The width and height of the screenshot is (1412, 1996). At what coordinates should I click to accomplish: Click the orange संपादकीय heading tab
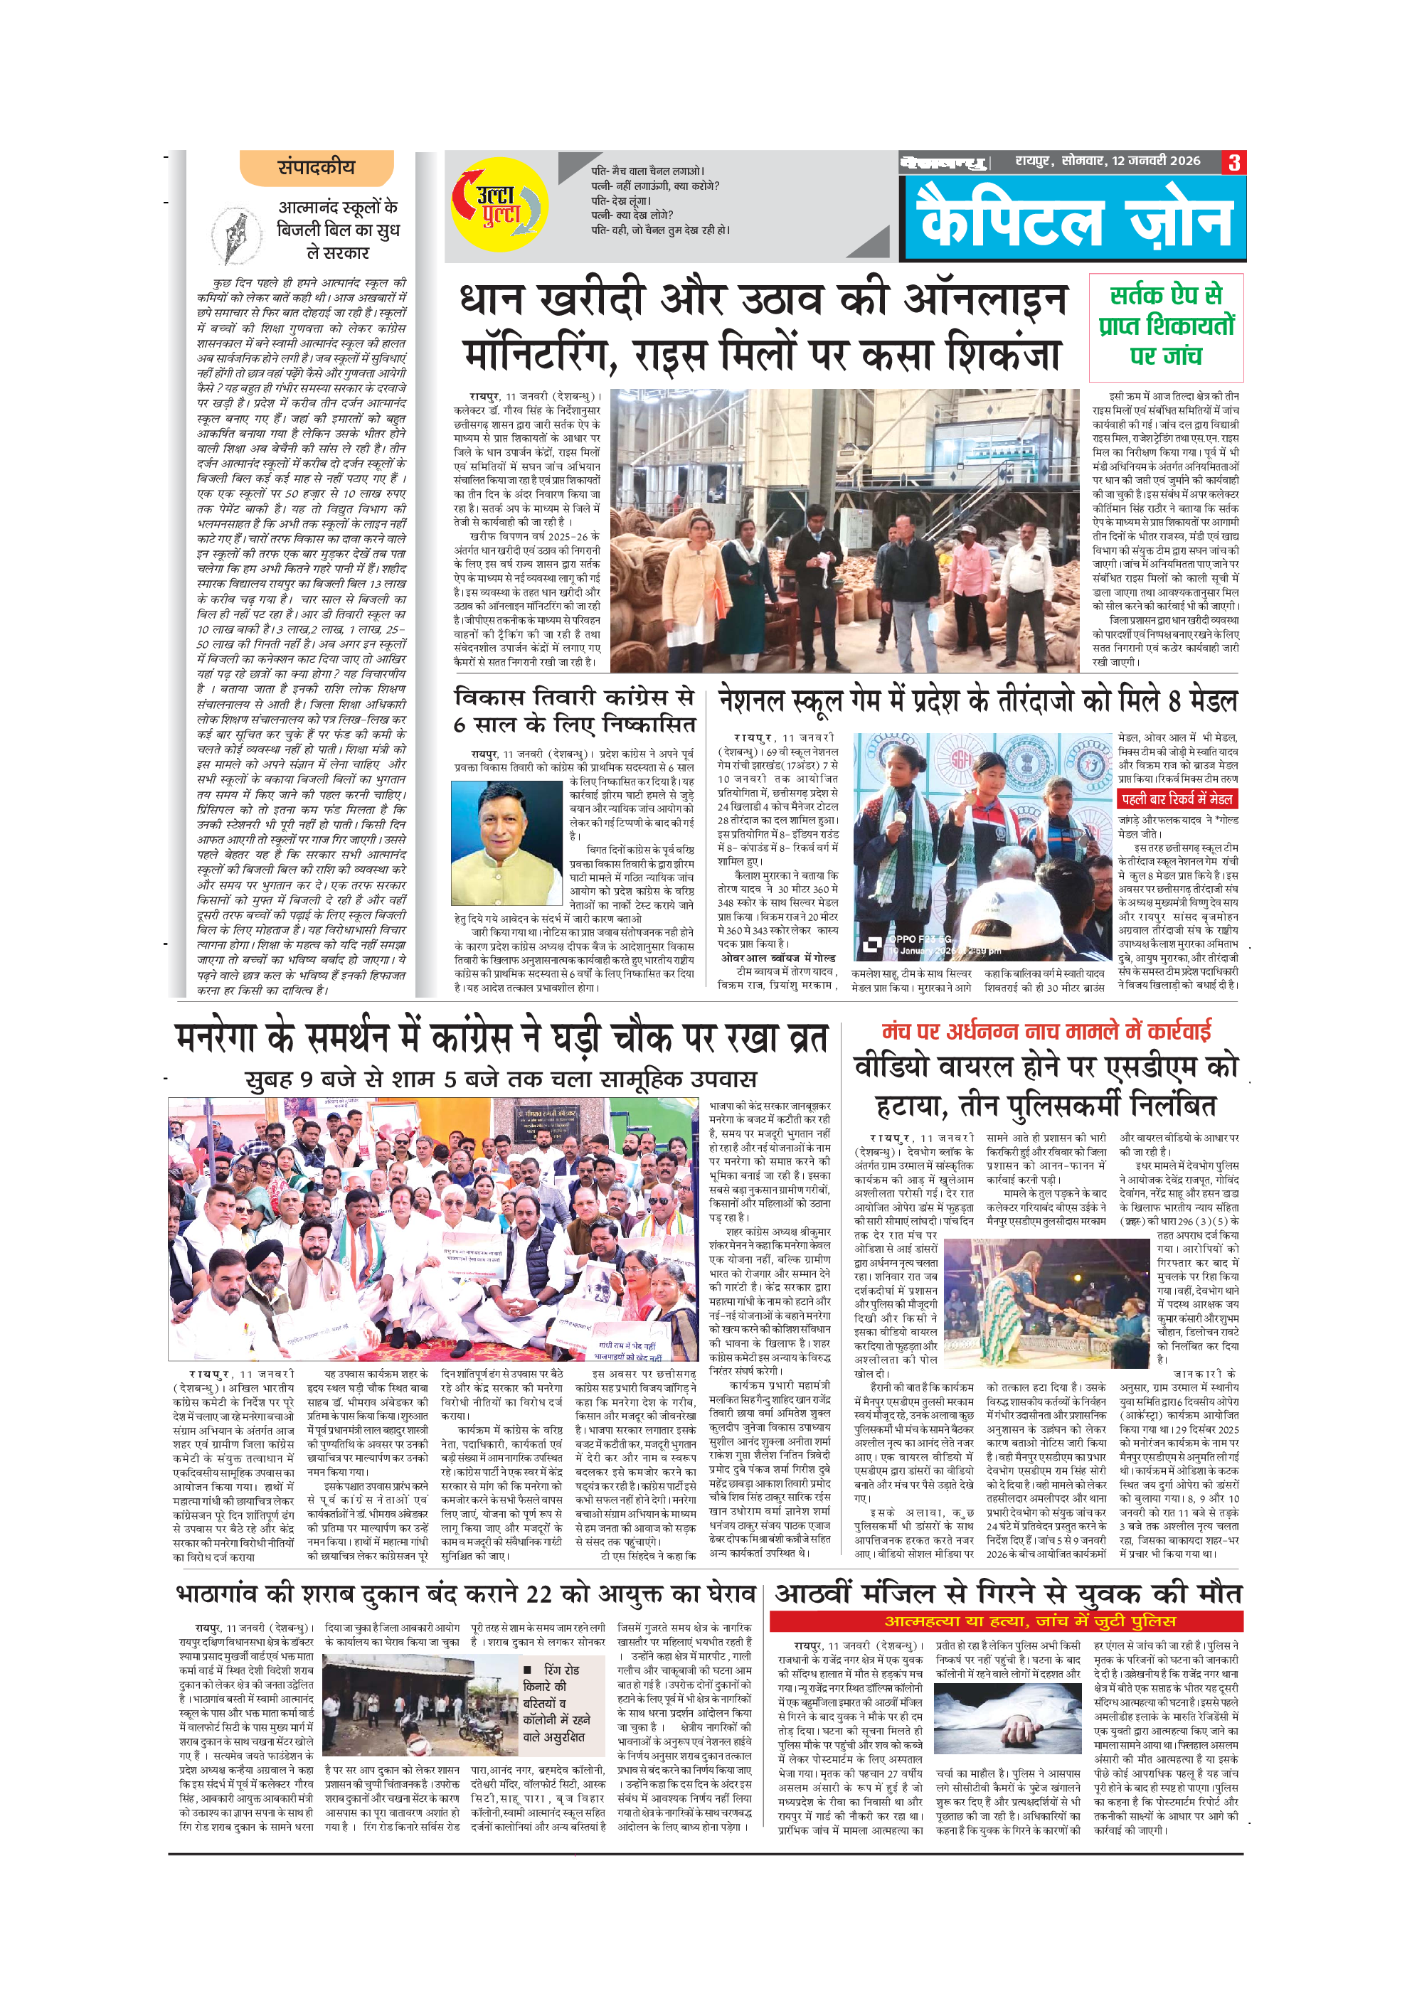[317, 168]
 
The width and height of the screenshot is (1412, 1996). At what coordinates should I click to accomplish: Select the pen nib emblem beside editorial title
[235, 235]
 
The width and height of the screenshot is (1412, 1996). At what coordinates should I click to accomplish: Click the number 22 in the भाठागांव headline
[539, 1594]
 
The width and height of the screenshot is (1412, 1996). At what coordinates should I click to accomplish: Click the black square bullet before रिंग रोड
[528, 1670]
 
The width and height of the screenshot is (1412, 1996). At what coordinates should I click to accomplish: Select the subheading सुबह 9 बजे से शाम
[501, 1079]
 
